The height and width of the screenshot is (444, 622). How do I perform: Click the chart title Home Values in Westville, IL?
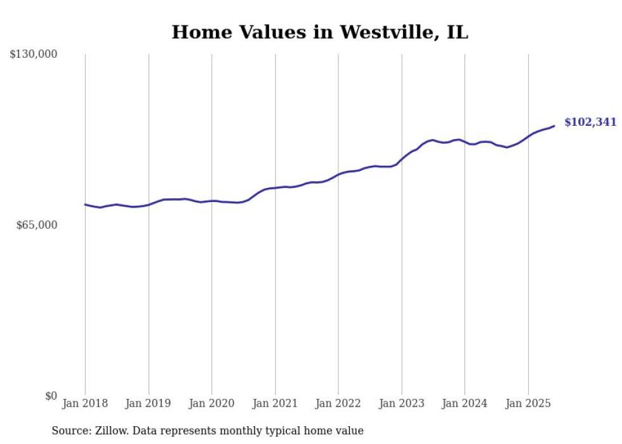320,32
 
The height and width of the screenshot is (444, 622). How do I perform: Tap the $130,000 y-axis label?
34,55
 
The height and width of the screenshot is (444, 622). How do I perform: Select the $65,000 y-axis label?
37,225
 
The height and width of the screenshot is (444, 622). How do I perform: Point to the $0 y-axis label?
51,396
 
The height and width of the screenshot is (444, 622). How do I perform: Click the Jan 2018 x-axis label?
85,403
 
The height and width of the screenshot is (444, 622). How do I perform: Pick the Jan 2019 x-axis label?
149,403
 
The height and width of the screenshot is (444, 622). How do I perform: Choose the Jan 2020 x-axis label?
211,403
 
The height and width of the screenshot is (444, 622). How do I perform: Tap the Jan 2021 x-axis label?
275,403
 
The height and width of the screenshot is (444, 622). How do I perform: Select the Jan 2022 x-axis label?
338,403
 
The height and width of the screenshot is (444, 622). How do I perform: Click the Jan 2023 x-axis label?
401,403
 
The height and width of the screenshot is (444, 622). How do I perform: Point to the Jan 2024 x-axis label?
465,403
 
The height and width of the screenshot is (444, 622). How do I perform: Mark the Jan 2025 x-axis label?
528,403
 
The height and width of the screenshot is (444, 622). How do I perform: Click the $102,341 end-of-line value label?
590,122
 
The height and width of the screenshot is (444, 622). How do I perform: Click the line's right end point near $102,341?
554,126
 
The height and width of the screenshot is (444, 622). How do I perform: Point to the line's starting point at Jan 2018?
85,205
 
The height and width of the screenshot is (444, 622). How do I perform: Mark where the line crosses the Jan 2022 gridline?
338,174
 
